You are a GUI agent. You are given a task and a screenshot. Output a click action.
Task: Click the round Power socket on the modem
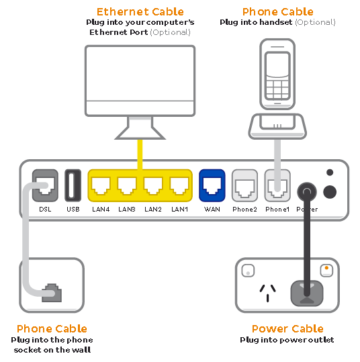[308, 191]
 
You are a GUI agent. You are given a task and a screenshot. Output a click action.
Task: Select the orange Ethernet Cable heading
[140, 11]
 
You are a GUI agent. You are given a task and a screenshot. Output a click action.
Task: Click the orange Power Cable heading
[287, 328]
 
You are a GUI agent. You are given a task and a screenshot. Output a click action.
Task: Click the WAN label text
[212, 210]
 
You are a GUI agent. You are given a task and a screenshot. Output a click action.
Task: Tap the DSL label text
[45, 210]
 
